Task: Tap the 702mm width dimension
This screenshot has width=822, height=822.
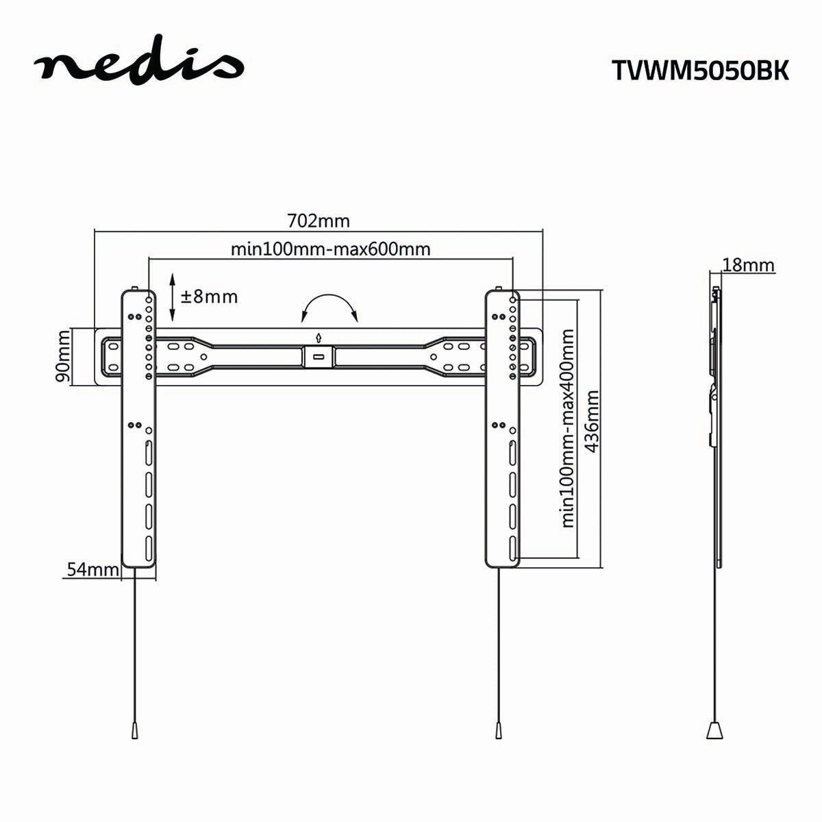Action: pos(318,221)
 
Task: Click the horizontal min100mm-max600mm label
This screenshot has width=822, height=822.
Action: pos(330,249)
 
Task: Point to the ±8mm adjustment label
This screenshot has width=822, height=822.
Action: pos(209,297)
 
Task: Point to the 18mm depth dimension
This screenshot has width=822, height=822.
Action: pos(748,265)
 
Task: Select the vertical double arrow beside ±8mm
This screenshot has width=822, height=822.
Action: pos(173,297)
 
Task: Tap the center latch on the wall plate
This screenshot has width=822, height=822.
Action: pos(319,356)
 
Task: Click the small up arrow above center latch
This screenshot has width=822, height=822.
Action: pos(319,337)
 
